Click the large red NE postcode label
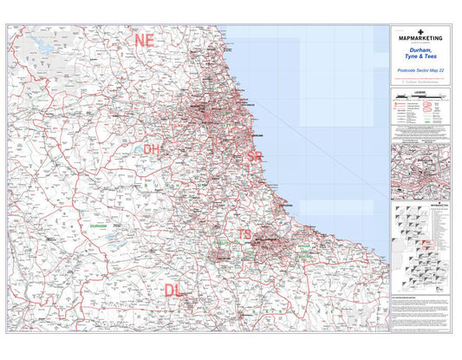coord(143,40)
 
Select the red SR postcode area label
coord(254,156)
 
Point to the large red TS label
coord(244,234)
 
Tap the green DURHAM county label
coord(97,225)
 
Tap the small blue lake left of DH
coord(138,150)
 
